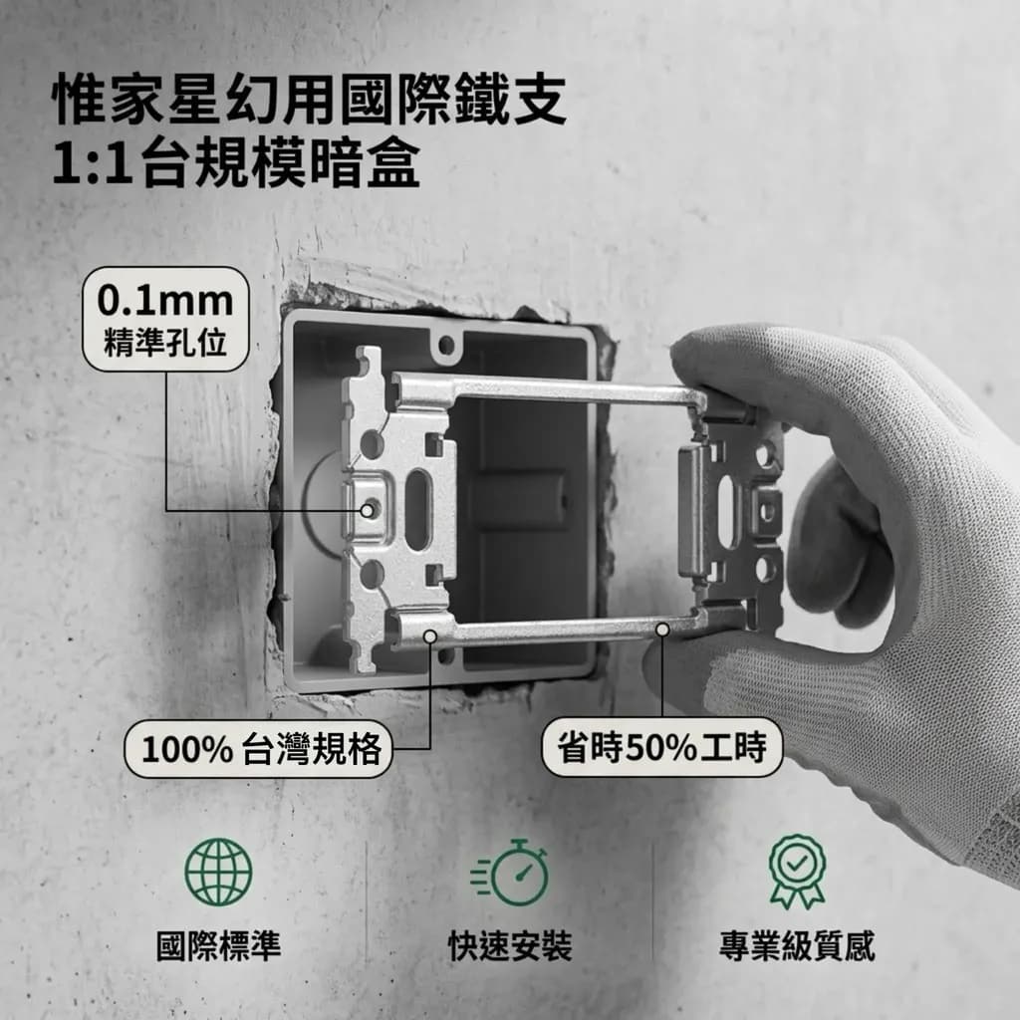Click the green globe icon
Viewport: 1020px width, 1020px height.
[218, 872]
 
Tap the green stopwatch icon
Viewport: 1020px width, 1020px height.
[511, 873]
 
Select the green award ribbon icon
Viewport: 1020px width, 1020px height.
[797, 872]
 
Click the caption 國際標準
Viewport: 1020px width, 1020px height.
[218, 946]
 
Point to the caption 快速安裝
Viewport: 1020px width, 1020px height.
[511, 946]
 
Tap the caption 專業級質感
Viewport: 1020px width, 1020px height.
[797, 946]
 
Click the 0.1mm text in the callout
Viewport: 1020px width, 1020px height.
[165, 301]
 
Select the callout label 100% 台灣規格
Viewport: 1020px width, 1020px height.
[259, 749]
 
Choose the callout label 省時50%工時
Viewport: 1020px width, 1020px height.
[662, 747]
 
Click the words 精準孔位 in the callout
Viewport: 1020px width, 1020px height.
[165, 343]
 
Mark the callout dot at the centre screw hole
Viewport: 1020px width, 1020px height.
[368, 511]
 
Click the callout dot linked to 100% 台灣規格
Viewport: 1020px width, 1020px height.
[430, 636]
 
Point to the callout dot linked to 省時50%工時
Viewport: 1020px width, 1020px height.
[662, 630]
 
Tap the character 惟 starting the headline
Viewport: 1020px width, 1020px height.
[79, 99]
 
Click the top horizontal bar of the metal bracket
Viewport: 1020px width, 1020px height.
[547, 390]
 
